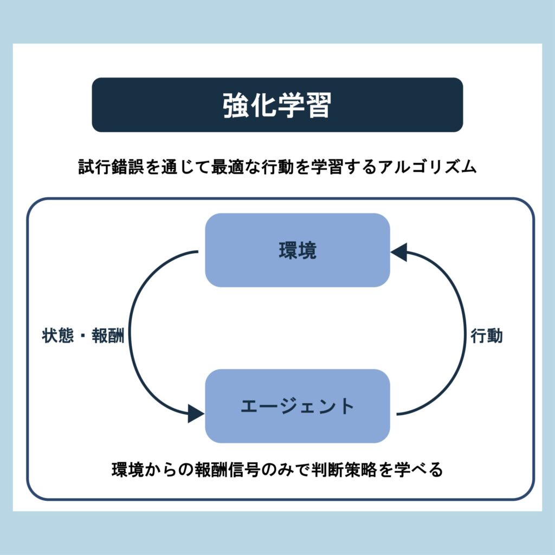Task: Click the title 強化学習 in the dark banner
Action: (277, 105)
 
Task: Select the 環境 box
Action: (298, 250)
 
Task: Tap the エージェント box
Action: (298, 406)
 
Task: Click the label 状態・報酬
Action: (83, 336)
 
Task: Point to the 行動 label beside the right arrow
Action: (486, 336)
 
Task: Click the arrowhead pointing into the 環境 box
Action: (399, 251)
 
